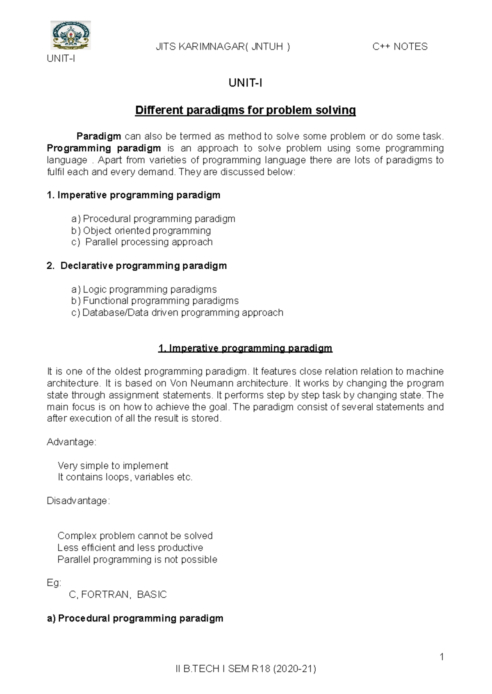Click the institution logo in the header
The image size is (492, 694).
[x=70, y=35]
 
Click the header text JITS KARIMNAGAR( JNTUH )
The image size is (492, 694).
[x=223, y=47]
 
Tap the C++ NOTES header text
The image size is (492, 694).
[x=400, y=47]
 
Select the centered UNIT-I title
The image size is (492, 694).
[x=245, y=83]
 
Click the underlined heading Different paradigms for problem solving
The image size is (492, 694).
[x=245, y=110]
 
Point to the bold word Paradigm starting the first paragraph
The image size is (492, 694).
[x=99, y=136]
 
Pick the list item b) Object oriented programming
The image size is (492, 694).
[x=141, y=230]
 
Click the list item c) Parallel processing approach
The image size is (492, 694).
[x=142, y=242]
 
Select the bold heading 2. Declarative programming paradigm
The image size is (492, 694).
[x=137, y=265]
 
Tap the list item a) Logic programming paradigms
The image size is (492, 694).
[x=144, y=289]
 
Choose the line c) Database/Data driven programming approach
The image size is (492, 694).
[x=177, y=313]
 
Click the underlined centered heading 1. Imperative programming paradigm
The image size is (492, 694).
[x=245, y=348]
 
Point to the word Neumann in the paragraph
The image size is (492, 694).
[x=216, y=383]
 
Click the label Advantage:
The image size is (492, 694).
[x=72, y=442]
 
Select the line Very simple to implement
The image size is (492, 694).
[x=113, y=466]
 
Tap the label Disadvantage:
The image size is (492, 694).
[x=78, y=501]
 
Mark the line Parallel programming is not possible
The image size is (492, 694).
[x=137, y=560]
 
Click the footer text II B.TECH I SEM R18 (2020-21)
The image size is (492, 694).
[x=246, y=669]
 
